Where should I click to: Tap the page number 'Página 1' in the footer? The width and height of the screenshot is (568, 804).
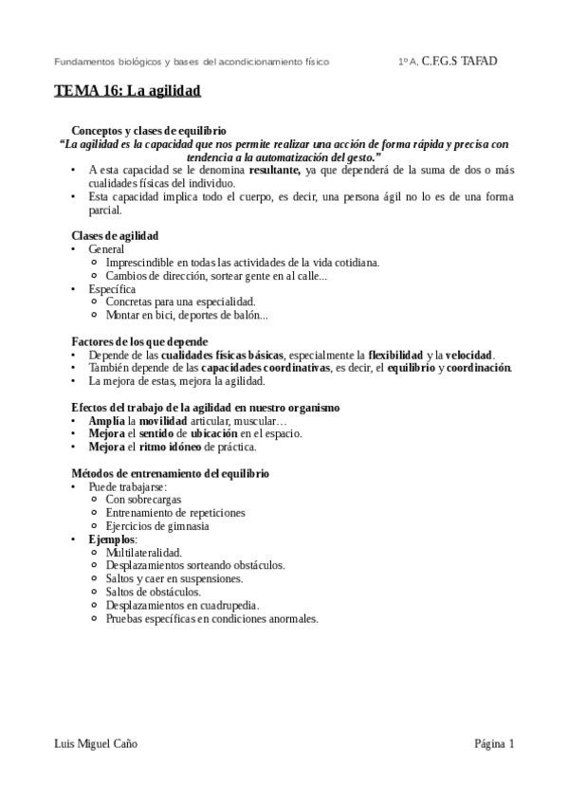pos(494,744)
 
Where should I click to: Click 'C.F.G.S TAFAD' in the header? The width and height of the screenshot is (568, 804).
pos(459,61)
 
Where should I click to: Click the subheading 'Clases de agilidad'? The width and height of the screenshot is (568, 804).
pos(115,235)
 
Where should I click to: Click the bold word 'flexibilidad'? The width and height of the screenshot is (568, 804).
pos(395,355)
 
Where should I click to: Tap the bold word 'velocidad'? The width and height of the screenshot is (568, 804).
pos(468,355)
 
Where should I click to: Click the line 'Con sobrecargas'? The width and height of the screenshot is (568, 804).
pos(143,500)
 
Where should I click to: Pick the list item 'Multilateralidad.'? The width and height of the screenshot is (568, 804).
pos(144,553)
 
